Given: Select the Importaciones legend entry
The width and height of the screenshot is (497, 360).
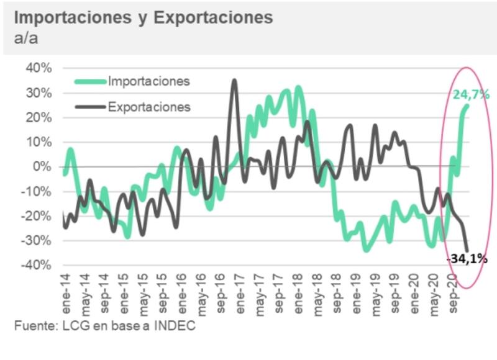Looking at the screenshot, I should tap(148, 81).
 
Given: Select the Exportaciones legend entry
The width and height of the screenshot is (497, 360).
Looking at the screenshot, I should tap(149, 107).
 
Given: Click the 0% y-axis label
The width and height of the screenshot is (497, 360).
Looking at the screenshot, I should tap(43, 166).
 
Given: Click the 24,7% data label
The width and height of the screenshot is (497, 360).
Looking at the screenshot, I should tap(471, 94).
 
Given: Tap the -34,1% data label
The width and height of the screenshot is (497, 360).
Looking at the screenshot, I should tap(467, 259).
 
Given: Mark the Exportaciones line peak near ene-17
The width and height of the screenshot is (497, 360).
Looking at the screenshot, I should tap(234, 81).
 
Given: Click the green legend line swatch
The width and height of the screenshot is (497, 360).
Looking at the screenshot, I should tap(90, 81).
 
